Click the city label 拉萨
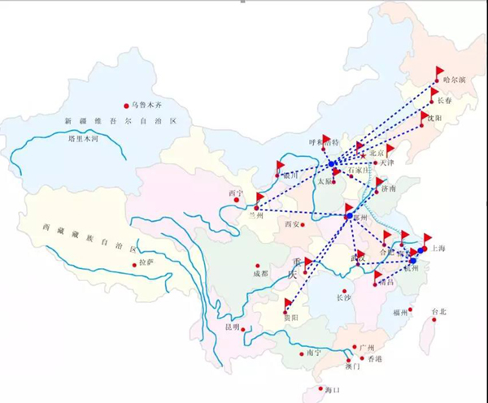pyautogui.click(x=146, y=263)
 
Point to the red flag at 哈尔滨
pyautogui.click(x=440, y=71)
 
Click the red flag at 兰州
pyautogui.click(x=259, y=199)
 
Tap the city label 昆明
pyautogui.click(x=233, y=328)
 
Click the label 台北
pyautogui.click(x=439, y=311)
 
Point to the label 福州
pyautogui.click(x=399, y=312)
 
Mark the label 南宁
pyautogui.click(x=315, y=352)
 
